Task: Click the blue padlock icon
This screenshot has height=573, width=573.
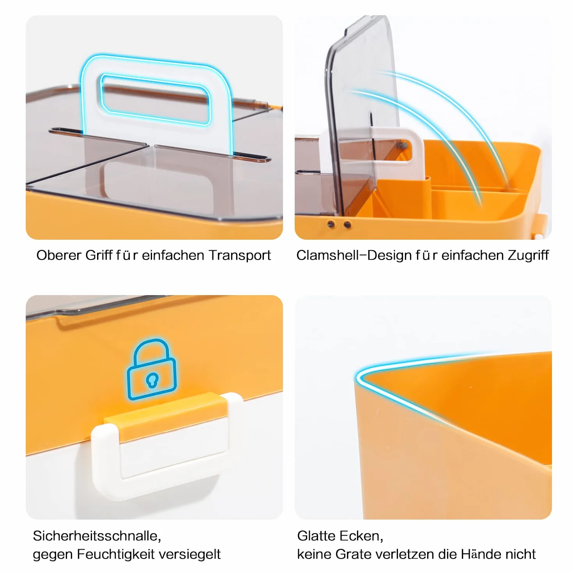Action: point(152,369)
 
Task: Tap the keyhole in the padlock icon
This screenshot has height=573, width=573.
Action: point(152,380)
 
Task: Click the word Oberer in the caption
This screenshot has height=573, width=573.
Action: point(58,255)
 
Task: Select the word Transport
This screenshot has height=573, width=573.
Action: point(240,256)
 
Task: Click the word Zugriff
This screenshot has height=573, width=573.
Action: point(528,255)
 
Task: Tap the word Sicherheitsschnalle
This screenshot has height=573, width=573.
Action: point(97,536)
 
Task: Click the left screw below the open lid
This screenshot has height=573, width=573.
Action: point(331,224)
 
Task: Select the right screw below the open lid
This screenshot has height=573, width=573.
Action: point(347,225)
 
